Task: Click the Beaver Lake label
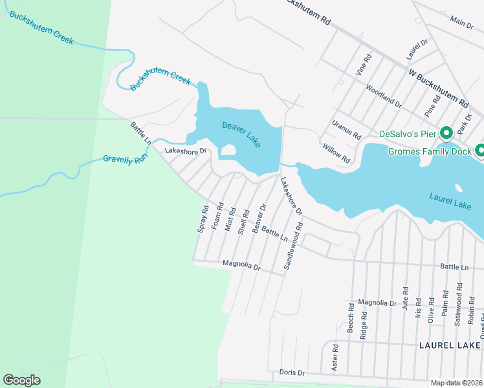click(241, 135)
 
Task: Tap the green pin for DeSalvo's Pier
click(446, 134)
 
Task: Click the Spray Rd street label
click(203, 219)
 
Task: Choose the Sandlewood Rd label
click(291, 246)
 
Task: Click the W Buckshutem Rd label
click(438, 89)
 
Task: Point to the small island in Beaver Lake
click(227, 151)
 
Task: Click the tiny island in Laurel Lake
click(459, 189)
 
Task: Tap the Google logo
click(21, 380)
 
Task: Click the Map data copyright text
click(456, 383)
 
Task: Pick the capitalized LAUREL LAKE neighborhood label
click(449, 346)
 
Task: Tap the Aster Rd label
click(335, 356)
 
